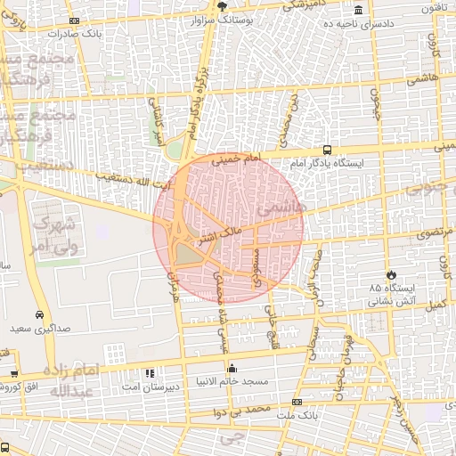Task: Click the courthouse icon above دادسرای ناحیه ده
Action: tap(358, 10)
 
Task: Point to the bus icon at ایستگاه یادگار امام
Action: tap(328, 150)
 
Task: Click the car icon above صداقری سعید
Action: tap(40, 314)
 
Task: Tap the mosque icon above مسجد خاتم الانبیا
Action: tap(232, 367)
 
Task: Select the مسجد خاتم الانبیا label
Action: tap(247, 381)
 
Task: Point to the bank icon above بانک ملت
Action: tap(297, 402)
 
